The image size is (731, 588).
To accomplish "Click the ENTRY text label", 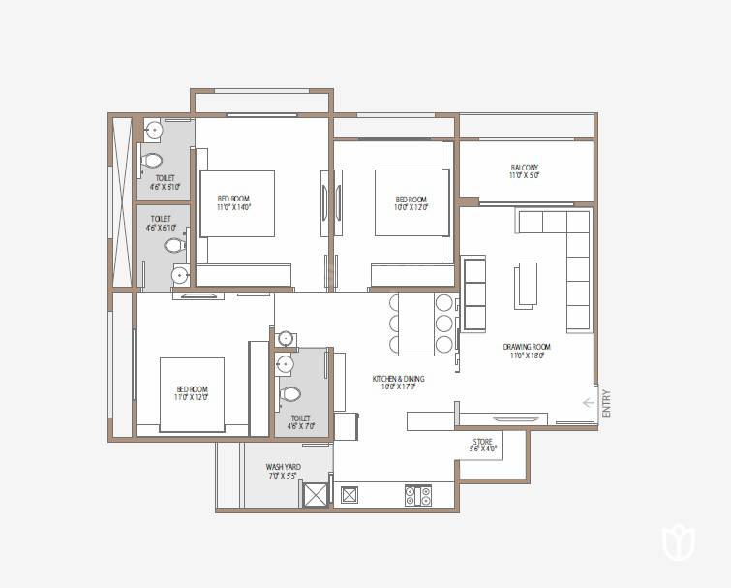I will (x=607, y=403).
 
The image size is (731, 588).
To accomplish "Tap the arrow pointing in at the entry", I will (x=589, y=403).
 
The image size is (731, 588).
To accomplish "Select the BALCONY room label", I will (x=524, y=168).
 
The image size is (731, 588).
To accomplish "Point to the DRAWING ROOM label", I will (x=526, y=347).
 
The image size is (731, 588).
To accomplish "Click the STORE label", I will (x=482, y=441).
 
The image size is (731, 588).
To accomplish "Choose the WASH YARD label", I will (x=283, y=467).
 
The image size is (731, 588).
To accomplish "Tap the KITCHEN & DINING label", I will (x=398, y=379).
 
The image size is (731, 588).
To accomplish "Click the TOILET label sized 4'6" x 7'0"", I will (x=299, y=418).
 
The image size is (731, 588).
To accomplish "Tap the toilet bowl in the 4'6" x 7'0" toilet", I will (x=289, y=394).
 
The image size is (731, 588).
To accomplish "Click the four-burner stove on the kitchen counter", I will (x=417, y=495).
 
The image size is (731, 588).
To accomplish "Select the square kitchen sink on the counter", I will (x=350, y=495).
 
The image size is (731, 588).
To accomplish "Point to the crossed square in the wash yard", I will (x=316, y=495).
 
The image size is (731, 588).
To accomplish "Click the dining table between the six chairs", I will (x=416, y=324).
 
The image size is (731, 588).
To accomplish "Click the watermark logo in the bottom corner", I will (x=679, y=542).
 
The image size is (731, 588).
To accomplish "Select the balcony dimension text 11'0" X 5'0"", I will (x=524, y=176).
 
